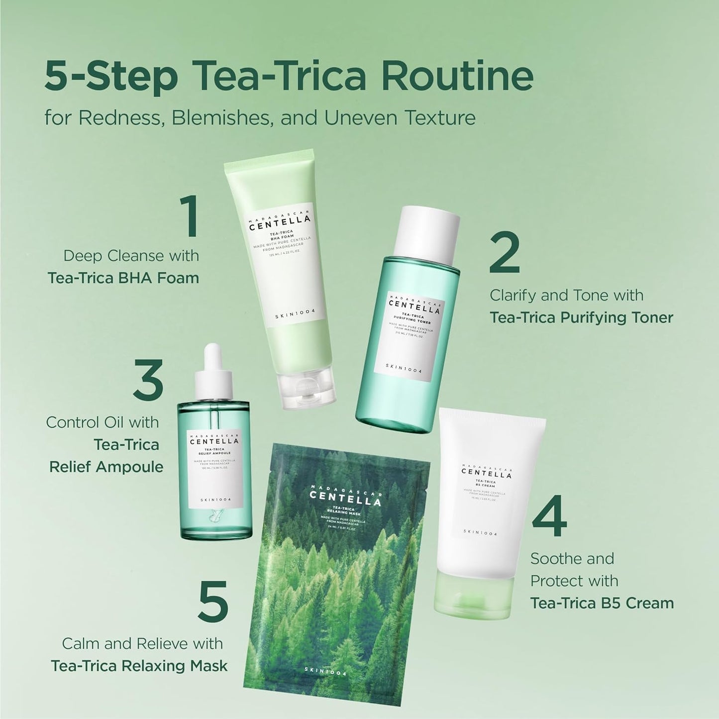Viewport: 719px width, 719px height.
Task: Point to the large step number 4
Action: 549,516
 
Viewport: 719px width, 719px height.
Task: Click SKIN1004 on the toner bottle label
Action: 403,367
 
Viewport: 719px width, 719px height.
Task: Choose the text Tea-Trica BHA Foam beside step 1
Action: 123,278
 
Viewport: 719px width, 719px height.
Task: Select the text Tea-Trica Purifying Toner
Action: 581,317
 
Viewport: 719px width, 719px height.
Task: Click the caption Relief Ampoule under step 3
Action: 106,467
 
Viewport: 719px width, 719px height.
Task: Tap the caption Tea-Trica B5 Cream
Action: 602,603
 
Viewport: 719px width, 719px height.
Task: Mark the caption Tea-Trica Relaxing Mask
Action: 139,666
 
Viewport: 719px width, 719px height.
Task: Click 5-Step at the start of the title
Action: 111,76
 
